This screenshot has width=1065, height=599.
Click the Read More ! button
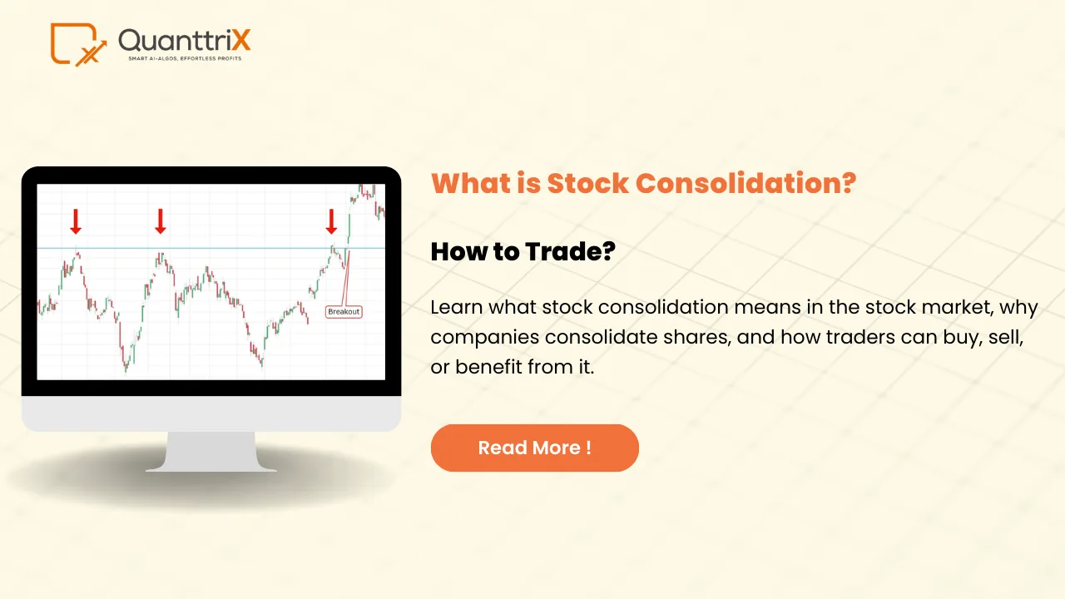point(534,448)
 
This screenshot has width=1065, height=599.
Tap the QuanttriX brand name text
point(184,40)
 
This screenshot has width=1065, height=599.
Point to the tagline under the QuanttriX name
point(184,59)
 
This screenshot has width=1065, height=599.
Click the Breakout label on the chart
point(344,312)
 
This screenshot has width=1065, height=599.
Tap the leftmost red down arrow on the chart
point(76,221)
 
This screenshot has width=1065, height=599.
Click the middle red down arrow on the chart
point(161,221)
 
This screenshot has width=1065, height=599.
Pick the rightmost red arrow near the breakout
point(331,221)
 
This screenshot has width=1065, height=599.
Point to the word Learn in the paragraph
point(456,308)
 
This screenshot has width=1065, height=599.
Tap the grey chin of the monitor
point(211,413)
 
